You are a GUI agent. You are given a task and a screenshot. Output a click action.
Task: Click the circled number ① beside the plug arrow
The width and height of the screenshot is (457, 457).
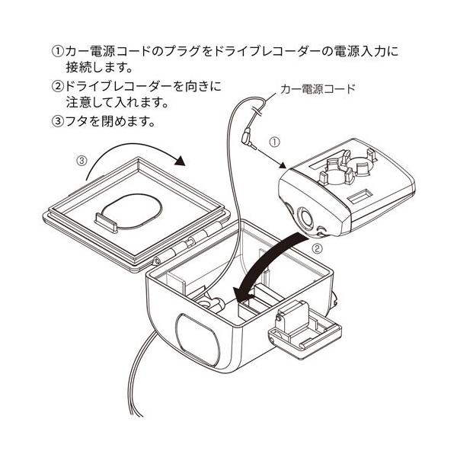tap(275, 142)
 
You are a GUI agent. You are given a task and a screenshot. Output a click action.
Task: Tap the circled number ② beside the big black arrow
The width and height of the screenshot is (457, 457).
tap(317, 248)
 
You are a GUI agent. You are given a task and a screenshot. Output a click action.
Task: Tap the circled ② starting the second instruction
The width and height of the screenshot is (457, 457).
tap(56, 87)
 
